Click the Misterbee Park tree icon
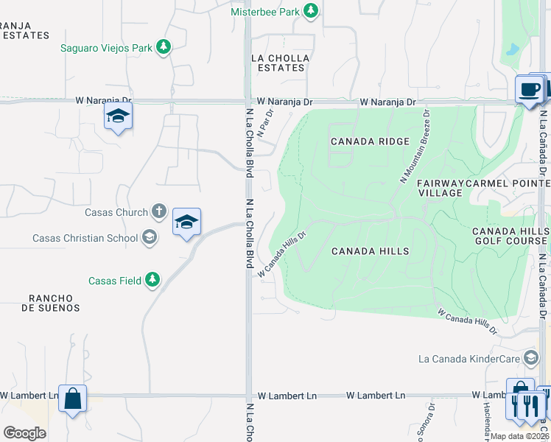(x=312, y=10)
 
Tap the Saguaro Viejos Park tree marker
(x=164, y=48)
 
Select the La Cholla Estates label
(x=280, y=63)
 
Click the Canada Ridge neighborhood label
(x=359, y=141)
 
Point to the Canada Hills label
(x=370, y=251)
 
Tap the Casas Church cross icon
(x=158, y=212)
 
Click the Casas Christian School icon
(x=150, y=237)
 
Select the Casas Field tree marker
(x=152, y=280)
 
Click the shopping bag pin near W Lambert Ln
(x=72, y=399)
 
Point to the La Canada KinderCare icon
(x=530, y=359)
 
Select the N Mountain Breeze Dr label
(x=415, y=145)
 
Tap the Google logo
(x=24, y=433)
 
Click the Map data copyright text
(x=519, y=436)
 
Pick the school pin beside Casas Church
(x=186, y=222)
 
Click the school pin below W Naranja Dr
(x=118, y=116)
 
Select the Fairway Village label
(x=440, y=187)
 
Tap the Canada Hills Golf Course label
(x=510, y=236)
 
